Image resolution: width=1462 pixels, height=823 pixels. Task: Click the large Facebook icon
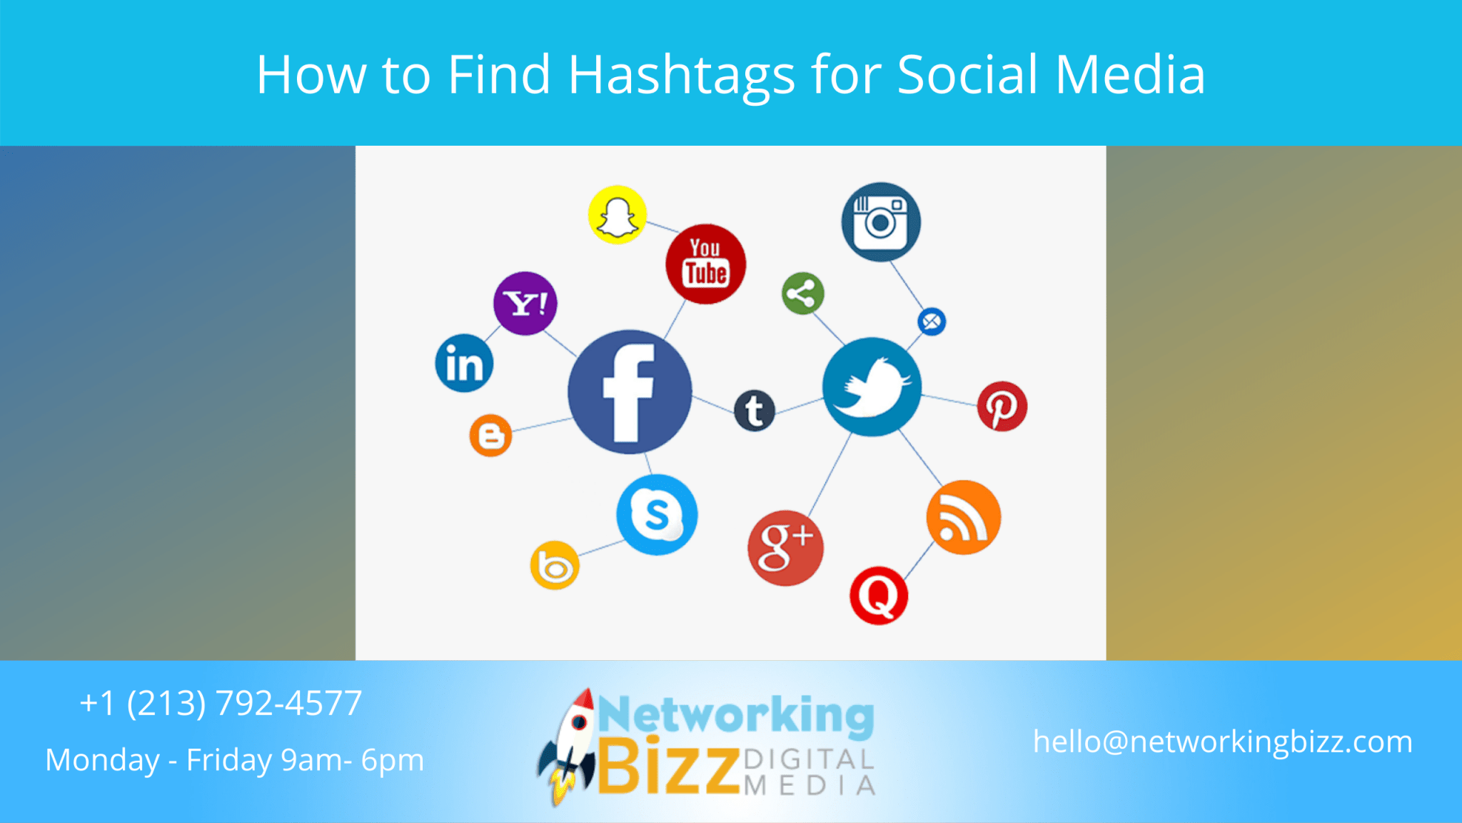point(630,392)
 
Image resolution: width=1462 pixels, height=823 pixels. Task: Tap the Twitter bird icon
point(872,387)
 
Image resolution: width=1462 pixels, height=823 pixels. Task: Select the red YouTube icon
point(705,264)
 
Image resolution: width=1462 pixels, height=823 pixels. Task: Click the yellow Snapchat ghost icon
point(617,214)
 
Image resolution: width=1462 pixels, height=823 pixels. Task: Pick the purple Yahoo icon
point(525,304)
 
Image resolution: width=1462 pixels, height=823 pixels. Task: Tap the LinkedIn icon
point(464,364)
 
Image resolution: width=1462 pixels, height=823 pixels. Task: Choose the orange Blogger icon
point(490,435)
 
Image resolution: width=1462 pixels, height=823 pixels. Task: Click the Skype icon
point(657,514)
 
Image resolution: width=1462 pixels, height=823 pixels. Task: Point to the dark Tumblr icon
point(755,411)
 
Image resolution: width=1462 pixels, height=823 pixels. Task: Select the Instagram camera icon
point(881,221)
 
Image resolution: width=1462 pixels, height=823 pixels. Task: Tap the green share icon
point(802,294)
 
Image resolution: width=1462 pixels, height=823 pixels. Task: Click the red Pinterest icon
point(1002,406)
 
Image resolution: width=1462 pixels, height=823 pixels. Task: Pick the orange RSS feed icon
point(963,517)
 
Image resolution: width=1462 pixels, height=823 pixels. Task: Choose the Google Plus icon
point(785,548)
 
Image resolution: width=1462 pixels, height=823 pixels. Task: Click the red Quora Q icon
point(879,595)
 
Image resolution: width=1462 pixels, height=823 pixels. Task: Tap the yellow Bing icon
point(555,566)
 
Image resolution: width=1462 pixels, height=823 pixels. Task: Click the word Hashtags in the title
point(681,75)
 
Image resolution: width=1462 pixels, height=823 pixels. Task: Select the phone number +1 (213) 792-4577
point(221,703)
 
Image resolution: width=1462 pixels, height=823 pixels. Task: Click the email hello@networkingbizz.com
point(1222,742)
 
